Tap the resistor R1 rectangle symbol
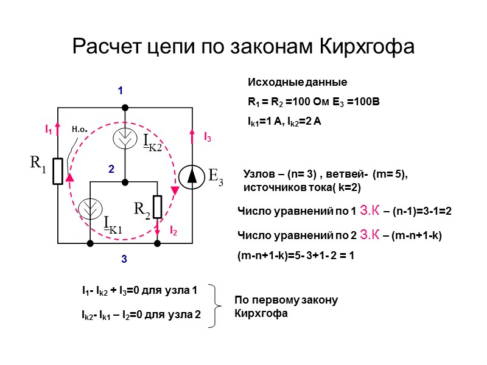point(58,171)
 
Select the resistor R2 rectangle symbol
point(157,207)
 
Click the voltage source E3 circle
point(192,176)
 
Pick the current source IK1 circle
point(91,211)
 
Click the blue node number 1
point(121,91)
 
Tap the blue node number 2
point(111,171)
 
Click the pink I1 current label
point(47,130)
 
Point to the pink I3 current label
point(208,137)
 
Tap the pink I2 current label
point(173,231)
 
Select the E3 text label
point(215,176)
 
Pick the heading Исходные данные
point(297,82)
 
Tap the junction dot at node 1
point(125,108)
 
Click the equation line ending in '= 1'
point(295,257)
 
